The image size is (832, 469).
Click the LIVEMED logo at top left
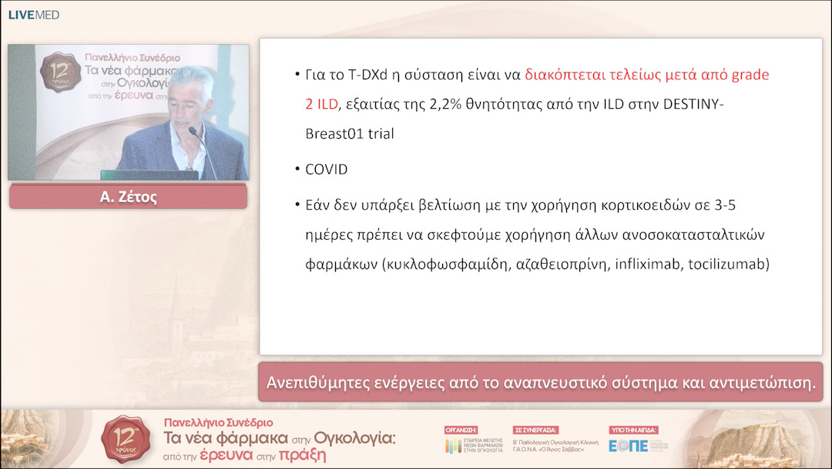coord(33,15)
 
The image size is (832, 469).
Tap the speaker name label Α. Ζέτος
coord(128,197)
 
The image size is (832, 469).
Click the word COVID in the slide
coord(326,170)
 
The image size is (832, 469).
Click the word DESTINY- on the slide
coord(694,104)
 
